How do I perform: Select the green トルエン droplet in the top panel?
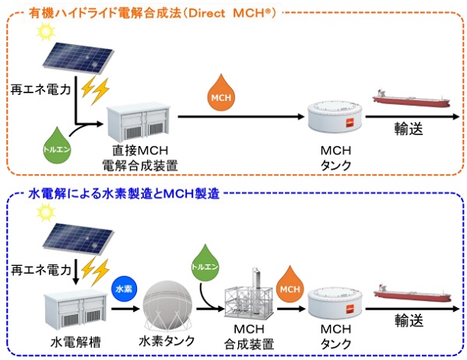pos(55,142)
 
